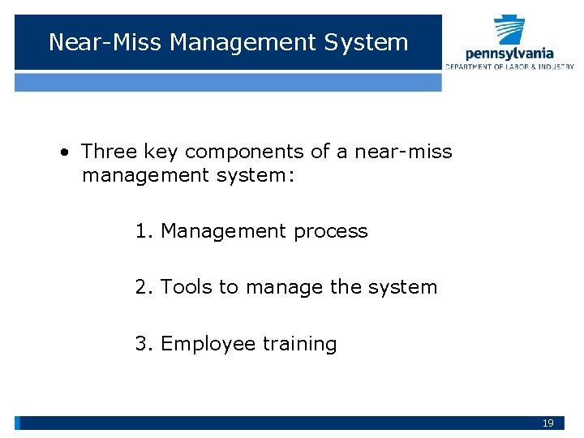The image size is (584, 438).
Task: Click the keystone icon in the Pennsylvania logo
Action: coord(509,30)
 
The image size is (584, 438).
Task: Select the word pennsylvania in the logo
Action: coord(509,54)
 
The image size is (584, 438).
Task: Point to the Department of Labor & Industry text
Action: coord(509,67)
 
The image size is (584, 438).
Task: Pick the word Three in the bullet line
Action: coord(109,152)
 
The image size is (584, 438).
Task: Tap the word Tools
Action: coord(185,287)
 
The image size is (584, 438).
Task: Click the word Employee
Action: coord(208,344)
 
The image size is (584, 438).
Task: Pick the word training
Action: coord(299,344)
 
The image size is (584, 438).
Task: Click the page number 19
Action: coord(548,423)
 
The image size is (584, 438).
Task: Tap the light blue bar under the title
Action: coord(228,82)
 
